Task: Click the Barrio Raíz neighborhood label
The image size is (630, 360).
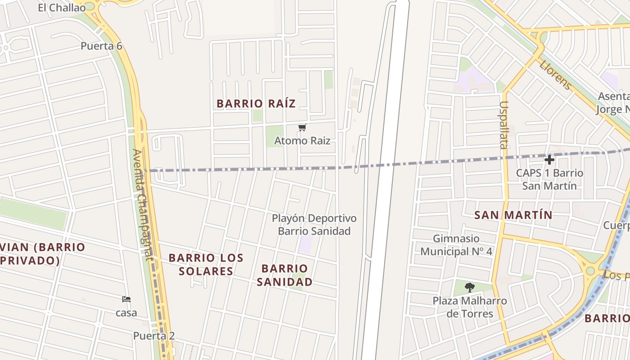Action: click(x=256, y=103)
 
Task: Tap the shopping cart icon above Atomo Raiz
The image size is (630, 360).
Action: click(x=302, y=128)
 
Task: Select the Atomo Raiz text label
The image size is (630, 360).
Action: click(x=302, y=141)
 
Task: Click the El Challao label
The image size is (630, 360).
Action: click(x=62, y=8)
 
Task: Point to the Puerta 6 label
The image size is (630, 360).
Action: click(x=101, y=46)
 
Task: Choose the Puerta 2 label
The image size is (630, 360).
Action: click(x=153, y=336)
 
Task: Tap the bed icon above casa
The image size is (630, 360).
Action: click(x=126, y=299)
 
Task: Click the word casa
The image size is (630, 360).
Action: click(x=126, y=313)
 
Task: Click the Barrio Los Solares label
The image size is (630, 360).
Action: click(x=206, y=265)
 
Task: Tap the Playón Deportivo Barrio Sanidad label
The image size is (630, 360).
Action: click(x=314, y=225)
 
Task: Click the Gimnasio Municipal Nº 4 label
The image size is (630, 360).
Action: click(x=456, y=245)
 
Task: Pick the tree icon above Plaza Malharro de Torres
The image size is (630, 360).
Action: click(x=470, y=287)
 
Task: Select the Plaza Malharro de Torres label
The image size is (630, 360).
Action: click(x=470, y=307)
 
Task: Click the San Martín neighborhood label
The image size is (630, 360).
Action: click(x=513, y=215)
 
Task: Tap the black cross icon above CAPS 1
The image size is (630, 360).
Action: click(x=549, y=160)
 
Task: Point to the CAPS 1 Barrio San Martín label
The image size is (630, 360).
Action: click(x=549, y=179)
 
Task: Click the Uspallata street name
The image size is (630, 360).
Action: click(x=503, y=125)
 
